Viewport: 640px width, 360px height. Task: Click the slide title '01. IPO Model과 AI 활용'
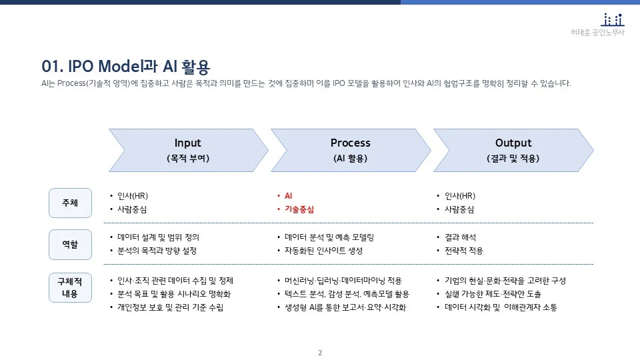pos(125,67)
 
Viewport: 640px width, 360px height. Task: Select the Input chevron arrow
pos(187,150)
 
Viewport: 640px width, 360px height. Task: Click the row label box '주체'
pos(70,203)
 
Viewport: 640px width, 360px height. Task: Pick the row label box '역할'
pos(70,244)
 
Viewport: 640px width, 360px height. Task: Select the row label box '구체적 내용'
pos(70,287)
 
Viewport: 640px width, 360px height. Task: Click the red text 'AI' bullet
pos(288,196)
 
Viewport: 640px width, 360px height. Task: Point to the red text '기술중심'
pos(299,209)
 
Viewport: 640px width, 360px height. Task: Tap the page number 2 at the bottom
pos(320,353)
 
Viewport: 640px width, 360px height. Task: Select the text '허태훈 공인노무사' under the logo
pos(597,33)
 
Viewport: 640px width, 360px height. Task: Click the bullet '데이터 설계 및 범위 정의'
pos(158,237)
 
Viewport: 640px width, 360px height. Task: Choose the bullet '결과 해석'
pos(460,237)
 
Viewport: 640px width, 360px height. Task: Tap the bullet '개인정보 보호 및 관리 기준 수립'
pos(170,308)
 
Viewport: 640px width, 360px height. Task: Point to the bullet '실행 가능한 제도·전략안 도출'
pos(493,294)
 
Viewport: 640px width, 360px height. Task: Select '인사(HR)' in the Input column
pos(132,196)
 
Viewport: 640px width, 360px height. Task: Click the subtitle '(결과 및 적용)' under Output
pos(513,159)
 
